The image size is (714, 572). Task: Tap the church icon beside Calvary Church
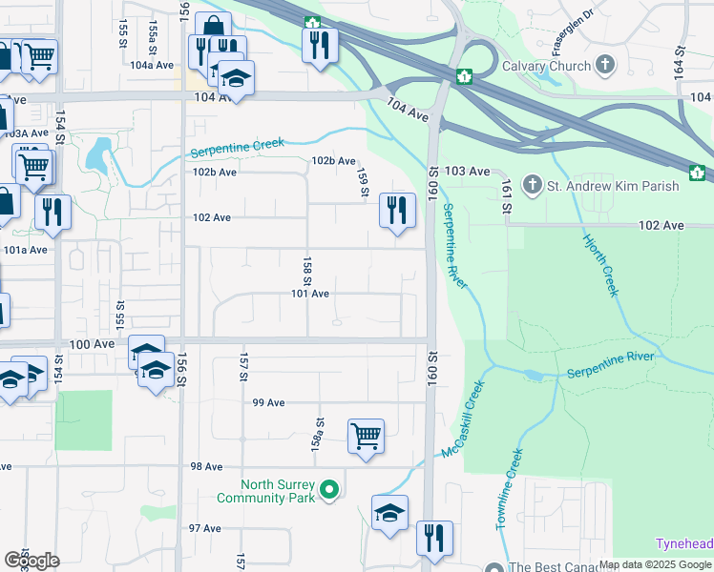tap(604, 65)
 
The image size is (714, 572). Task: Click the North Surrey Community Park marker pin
tap(329, 491)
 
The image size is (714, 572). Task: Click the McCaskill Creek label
tap(464, 419)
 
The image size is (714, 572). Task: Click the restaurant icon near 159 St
tap(396, 210)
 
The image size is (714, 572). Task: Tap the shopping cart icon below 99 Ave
tap(366, 436)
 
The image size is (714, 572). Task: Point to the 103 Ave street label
tap(467, 171)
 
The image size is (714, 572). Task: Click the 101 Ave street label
tap(310, 294)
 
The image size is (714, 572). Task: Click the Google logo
tap(32, 561)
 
